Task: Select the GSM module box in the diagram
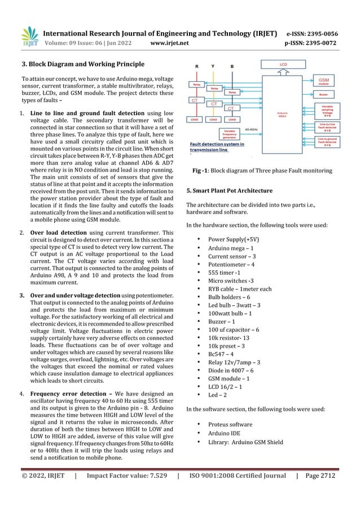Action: tap(324, 82)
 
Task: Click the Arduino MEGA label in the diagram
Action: tap(283, 114)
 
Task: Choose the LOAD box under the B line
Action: tap(231, 120)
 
